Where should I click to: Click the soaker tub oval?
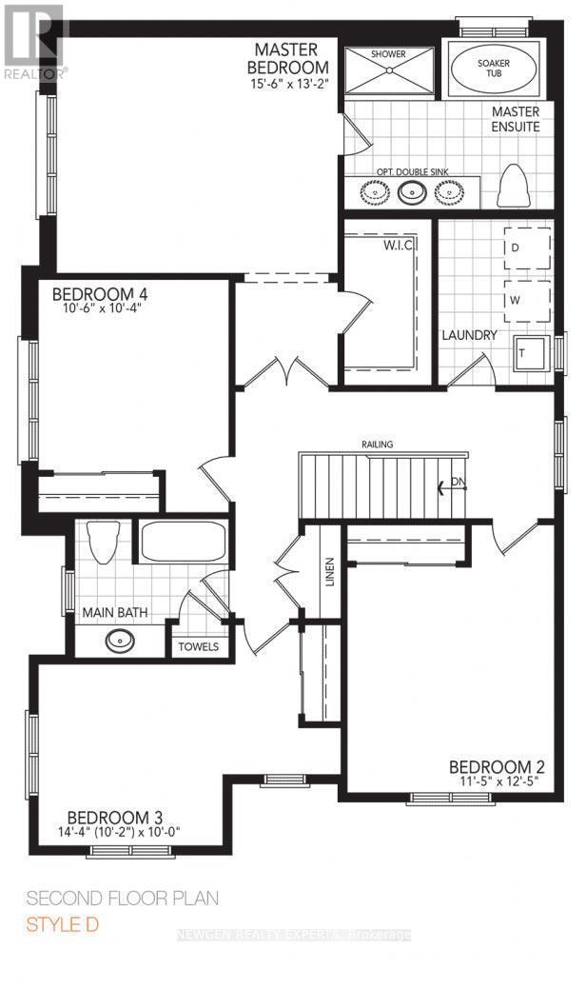(494, 69)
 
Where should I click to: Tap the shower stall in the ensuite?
(389, 71)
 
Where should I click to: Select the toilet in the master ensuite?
(514, 186)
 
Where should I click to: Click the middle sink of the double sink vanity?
(412, 191)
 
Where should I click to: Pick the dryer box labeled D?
(527, 247)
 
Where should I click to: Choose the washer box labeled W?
(527, 301)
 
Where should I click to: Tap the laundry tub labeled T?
(531, 353)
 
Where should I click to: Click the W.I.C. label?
(399, 245)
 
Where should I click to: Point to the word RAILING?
(378, 444)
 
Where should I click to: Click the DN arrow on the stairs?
(452, 485)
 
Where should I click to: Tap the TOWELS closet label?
(199, 646)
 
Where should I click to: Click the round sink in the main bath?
(120, 641)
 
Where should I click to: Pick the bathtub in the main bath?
(183, 542)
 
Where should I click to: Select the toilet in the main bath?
(104, 542)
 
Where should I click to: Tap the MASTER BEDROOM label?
(288, 58)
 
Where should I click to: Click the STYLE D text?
(63, 924)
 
